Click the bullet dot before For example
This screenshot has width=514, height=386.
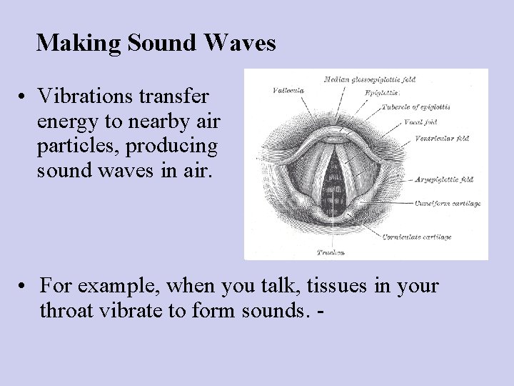[24, 287]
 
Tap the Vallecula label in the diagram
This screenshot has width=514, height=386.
[288, 91]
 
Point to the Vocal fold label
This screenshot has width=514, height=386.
[420, 121]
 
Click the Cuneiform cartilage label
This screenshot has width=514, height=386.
[447, 204]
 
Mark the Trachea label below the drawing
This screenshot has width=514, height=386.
[331, 252]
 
